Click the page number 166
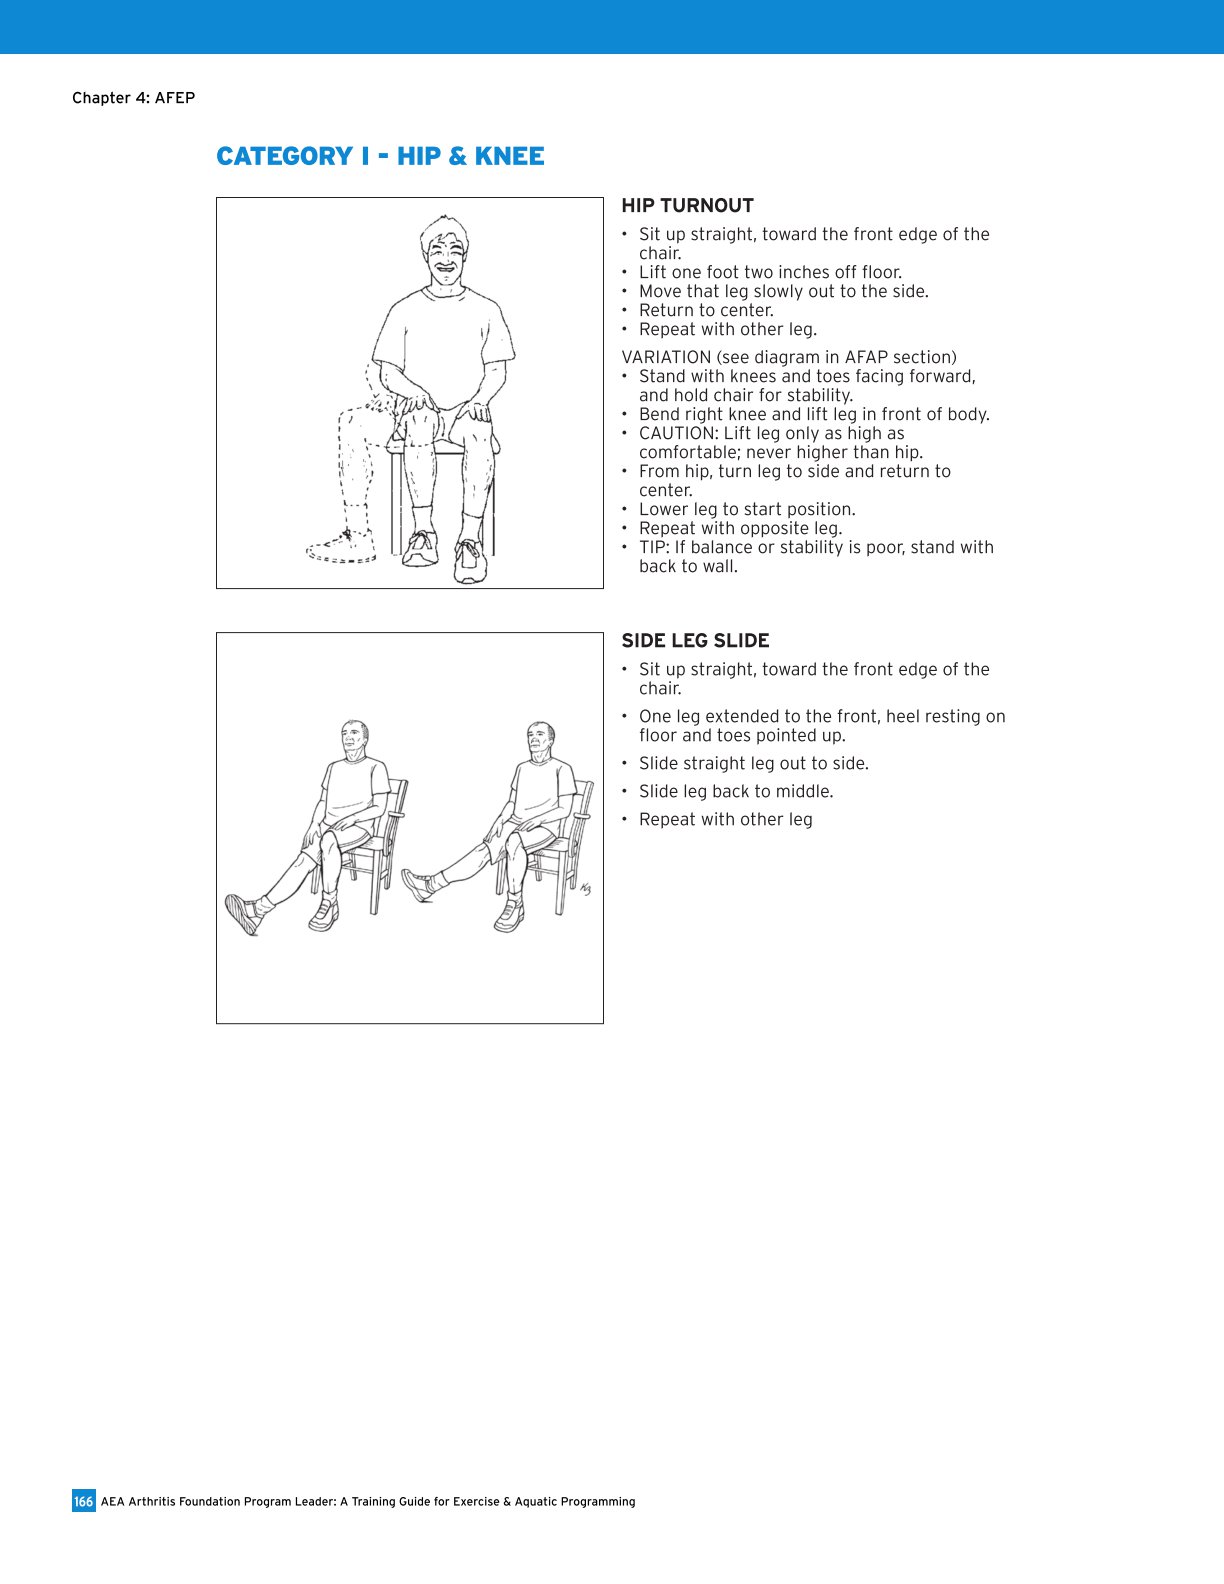point(83,1501)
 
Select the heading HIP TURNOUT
point(687,206)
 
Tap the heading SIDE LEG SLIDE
point(695,641)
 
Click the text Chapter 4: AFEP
point(133,98)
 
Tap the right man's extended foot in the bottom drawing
point(416,885)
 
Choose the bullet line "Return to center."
point(706,310)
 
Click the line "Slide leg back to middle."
point(735,791)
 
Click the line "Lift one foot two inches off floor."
point(770,272)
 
